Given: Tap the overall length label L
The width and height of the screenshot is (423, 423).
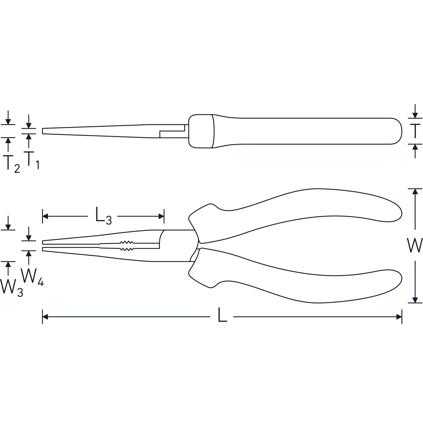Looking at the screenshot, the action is (222, 317).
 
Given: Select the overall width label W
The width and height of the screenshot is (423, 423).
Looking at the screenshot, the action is (415, 245).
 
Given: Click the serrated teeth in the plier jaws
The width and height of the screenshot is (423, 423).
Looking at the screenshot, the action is (126, 246).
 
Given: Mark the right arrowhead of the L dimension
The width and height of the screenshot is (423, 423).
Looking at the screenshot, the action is (399, 317).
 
